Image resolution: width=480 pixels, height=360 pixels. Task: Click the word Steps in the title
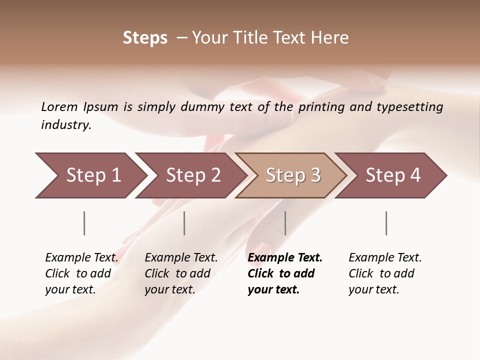pos(145,38)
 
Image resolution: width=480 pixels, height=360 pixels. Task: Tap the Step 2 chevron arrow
pos(193,175)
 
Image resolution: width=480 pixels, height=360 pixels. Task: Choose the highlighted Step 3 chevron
pos(293,175)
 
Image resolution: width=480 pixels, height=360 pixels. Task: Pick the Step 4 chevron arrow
pos(393,175)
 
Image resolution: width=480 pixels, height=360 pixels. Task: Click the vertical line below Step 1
pos(84,223)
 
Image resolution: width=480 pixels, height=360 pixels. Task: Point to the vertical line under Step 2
pos(184,223)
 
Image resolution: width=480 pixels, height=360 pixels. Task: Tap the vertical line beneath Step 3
pos(285,223)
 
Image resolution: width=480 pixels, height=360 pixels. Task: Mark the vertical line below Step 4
pos(386,223)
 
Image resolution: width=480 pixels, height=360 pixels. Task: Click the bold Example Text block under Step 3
pos(285,273)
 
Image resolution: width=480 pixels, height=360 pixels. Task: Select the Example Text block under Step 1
pos(81,273)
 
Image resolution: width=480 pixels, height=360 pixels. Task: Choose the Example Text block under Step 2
pos(181,273)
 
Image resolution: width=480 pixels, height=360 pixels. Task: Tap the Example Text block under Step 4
pos(385,273)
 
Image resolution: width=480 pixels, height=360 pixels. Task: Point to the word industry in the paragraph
pos(65,124)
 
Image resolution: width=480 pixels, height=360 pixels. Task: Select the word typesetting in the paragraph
pos(413,107)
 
